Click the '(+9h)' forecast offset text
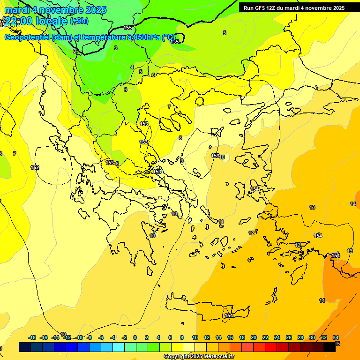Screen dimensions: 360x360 79,21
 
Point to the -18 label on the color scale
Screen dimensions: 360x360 32,337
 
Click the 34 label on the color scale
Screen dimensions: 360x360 336,337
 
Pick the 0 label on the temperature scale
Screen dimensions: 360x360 135,337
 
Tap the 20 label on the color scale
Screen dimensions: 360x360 254,337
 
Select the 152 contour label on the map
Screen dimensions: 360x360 35,167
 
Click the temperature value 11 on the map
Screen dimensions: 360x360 221,222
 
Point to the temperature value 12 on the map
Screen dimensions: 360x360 251,233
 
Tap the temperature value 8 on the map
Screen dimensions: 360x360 180,138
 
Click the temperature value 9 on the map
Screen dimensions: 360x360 182,161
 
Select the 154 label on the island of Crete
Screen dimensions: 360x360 229,315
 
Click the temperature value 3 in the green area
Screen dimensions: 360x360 116,48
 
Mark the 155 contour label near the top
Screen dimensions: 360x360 127,28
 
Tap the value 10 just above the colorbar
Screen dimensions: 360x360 63,334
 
